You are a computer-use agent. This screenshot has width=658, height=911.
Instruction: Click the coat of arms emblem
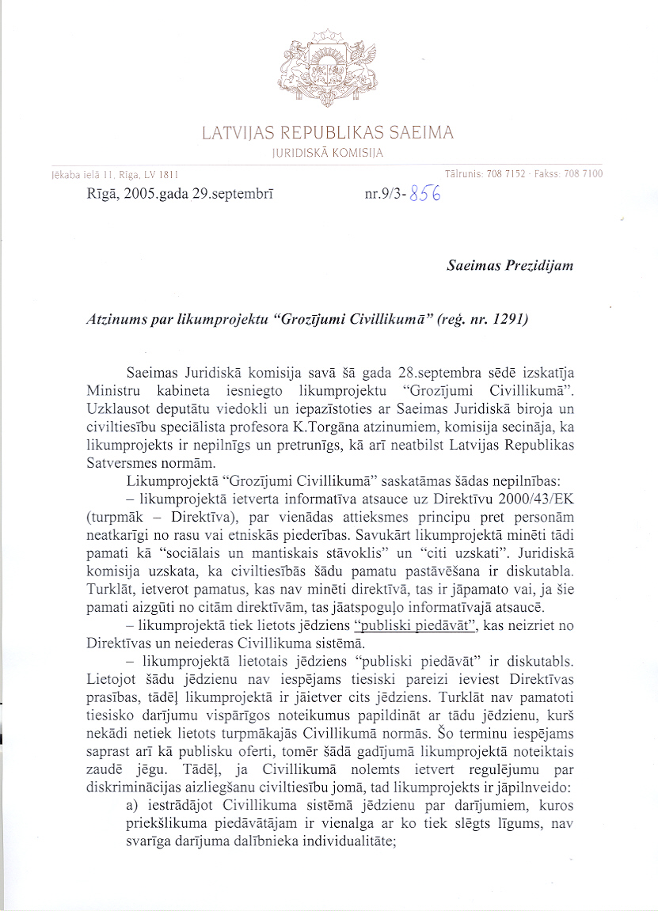[327, 67]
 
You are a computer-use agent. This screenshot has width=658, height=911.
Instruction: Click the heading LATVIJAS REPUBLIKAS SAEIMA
[328, 132]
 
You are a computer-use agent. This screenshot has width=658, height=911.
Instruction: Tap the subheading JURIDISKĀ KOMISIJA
[327, 153]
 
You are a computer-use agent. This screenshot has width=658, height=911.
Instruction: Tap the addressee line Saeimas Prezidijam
[510, 266]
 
